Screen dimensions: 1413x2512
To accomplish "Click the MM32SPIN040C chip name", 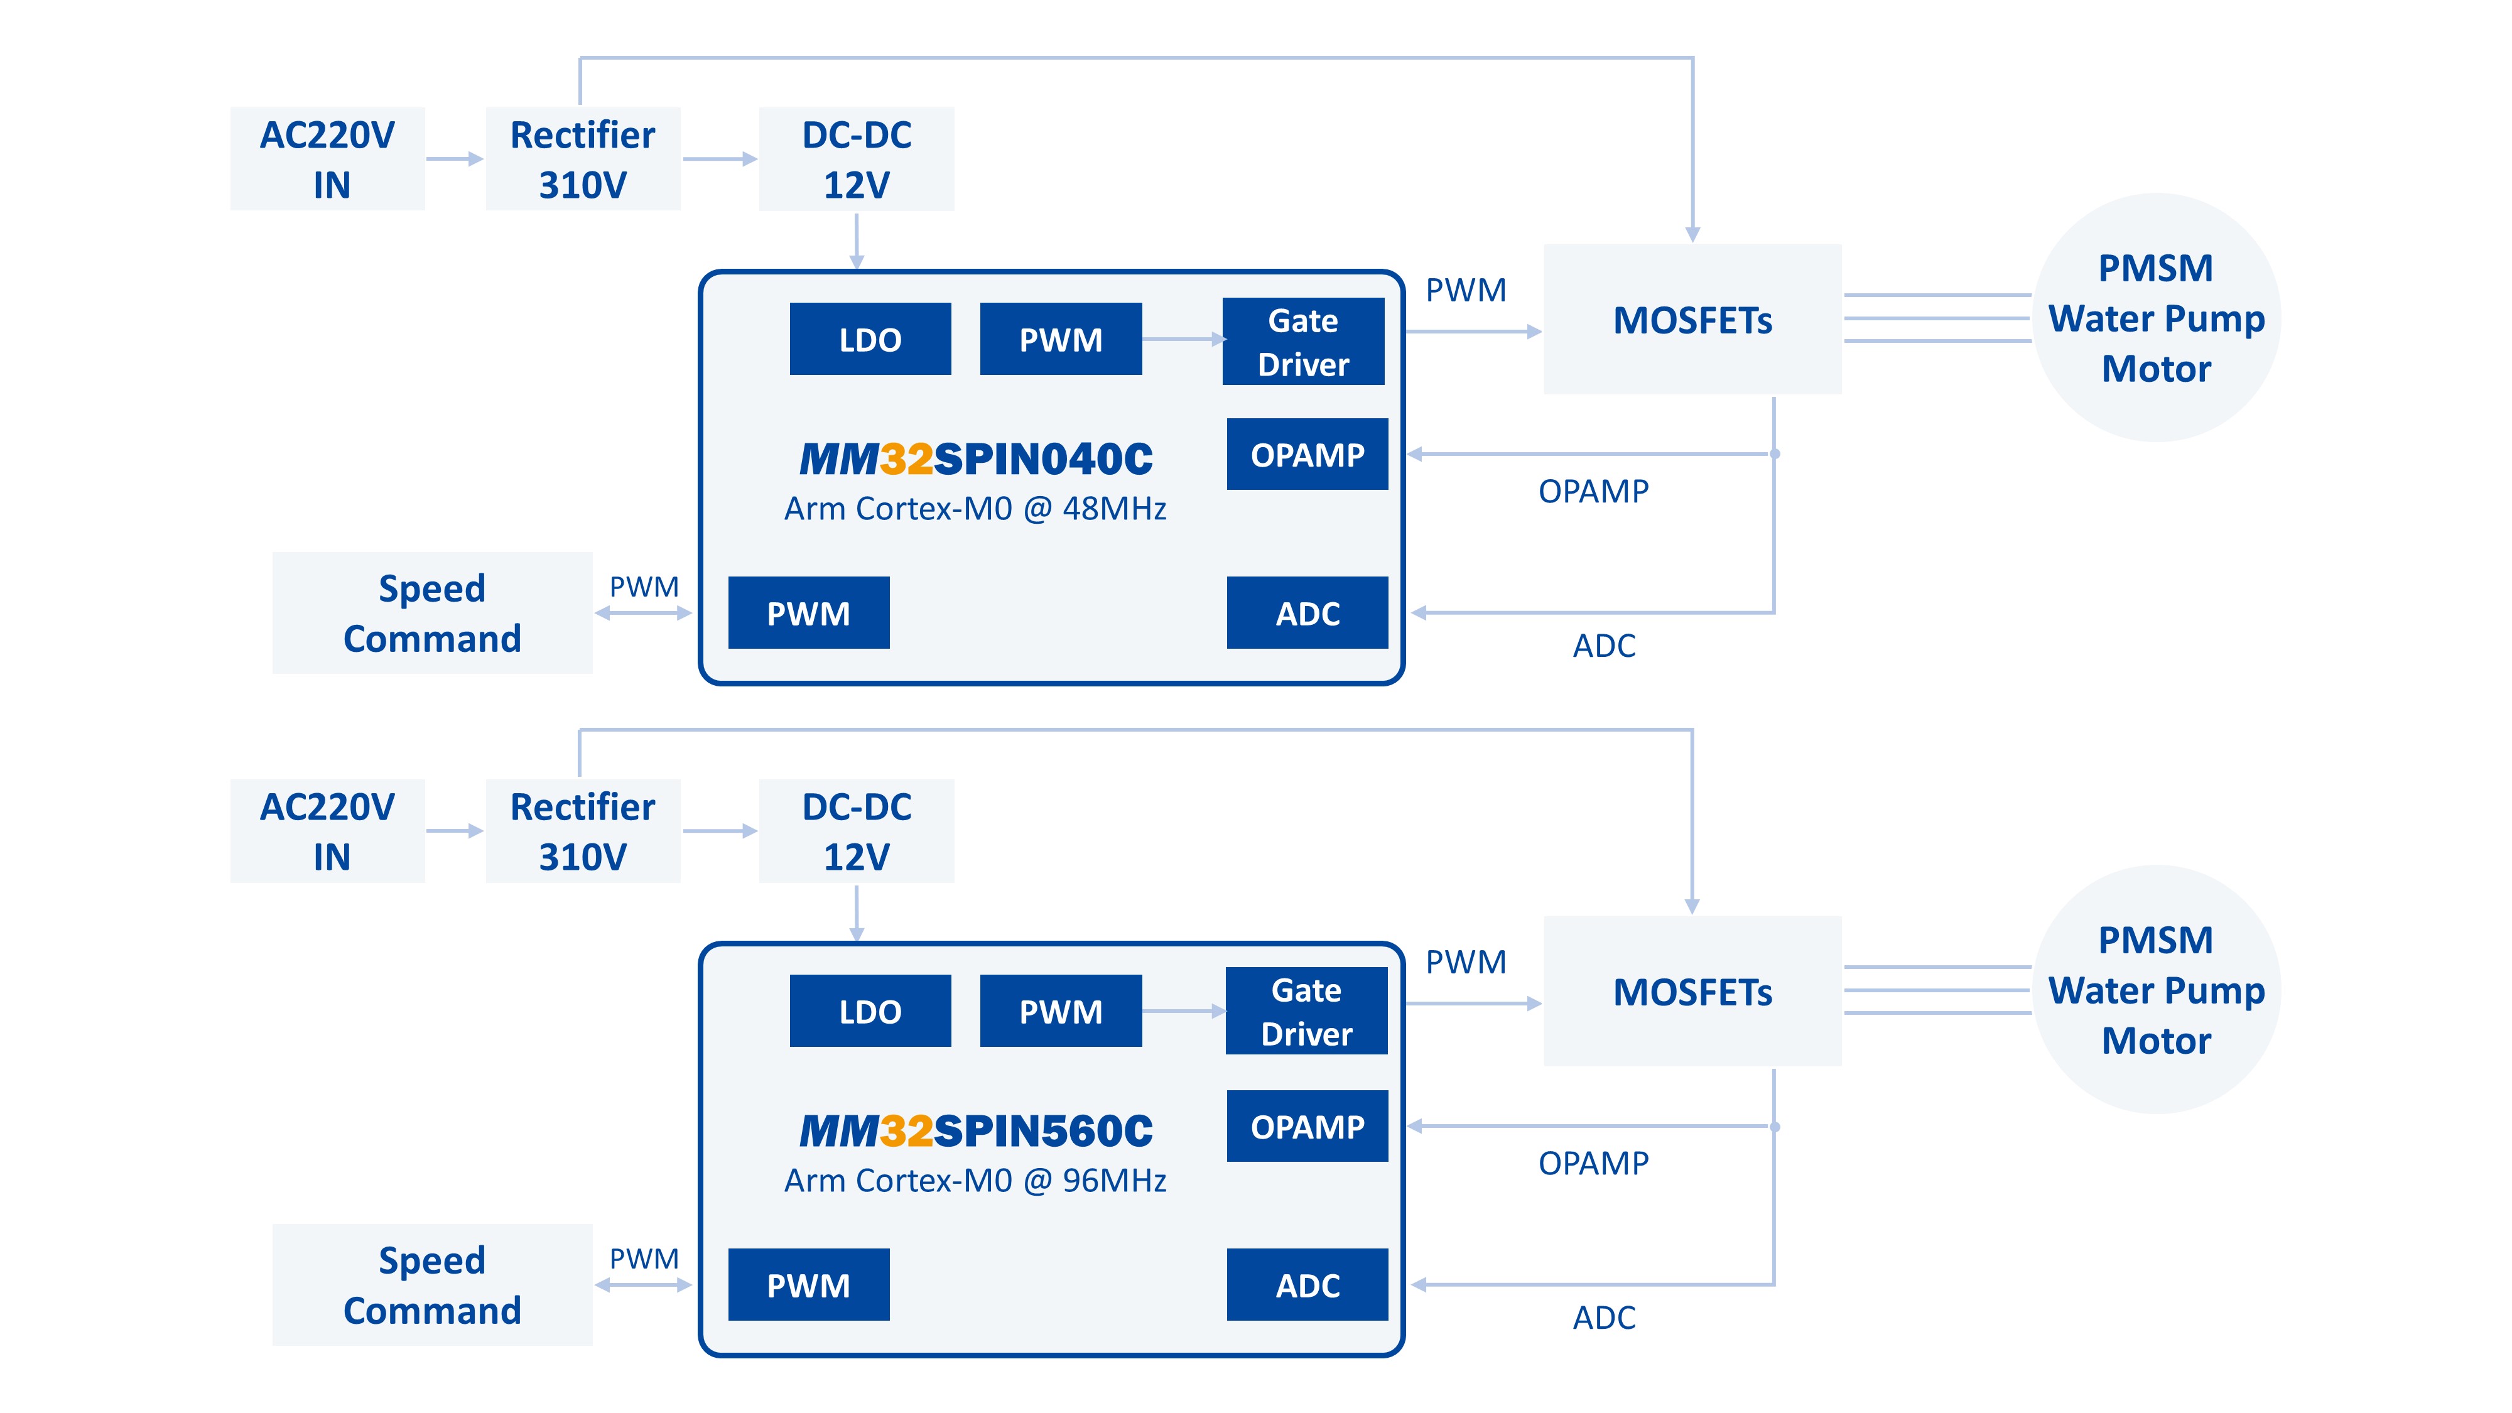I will [x=975, y=459].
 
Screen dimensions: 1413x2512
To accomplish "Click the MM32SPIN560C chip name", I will [x=975, y=1131].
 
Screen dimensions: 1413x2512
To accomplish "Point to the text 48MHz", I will [x=1115, y=509].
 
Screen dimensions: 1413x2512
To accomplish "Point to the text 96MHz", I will [x=1115, y=1181].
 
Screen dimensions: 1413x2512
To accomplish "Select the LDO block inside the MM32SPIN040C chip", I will [x=870, y=339].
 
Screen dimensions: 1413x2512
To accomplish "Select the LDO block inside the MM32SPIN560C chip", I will [x=870, y=1011].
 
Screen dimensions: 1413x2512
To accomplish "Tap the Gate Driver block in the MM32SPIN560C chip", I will [x=1306, y=1011].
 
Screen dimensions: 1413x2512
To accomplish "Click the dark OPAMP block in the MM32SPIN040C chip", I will [x=1307, y=455].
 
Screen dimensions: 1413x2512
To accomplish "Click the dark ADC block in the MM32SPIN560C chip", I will [x=1307, y=1286].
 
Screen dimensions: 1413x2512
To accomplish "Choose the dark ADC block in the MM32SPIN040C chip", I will [x=1307, y=614].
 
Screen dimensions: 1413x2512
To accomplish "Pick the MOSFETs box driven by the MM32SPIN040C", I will [x=1692, y=320].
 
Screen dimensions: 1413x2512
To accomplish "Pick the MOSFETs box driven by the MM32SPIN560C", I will [x=1692, y=992].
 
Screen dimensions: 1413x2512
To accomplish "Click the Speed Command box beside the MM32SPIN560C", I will [x=432, y=1286].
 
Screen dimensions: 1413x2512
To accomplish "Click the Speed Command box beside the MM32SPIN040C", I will [x=432, y=614].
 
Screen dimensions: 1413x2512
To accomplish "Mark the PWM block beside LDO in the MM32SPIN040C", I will [x=1060, y=339].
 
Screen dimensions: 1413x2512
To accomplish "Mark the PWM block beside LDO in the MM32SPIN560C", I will [x=1060, y=1011].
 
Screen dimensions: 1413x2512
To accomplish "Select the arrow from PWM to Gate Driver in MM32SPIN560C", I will [x=1183, y=1011].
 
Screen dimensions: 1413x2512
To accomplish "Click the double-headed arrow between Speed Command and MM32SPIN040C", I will [x=644, y=614].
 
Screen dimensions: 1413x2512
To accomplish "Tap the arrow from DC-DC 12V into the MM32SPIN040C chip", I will [x=856, y=241].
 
